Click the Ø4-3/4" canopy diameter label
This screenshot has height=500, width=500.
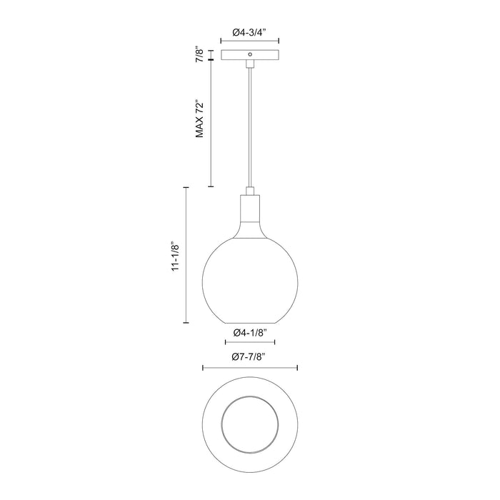(x=250, y=32)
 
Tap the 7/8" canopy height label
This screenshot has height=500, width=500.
(x=201, y=54)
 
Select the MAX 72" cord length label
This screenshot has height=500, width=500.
(x=201, y=119)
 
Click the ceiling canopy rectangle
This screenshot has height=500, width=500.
(x=250, y=54)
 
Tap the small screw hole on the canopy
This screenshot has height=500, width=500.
(x=250, y=53)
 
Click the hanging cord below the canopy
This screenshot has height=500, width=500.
(x=250, y=129)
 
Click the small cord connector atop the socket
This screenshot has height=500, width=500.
(x=250, y=189)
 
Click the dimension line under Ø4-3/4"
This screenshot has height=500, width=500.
(x=250, y=42)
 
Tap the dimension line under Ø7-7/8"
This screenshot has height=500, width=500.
(x=250, y=368)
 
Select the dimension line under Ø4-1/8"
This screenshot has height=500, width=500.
(x=250, y=343)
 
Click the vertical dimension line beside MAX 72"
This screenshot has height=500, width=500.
(x=211, y=121)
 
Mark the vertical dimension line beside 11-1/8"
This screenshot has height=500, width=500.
(x=187, y=256)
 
